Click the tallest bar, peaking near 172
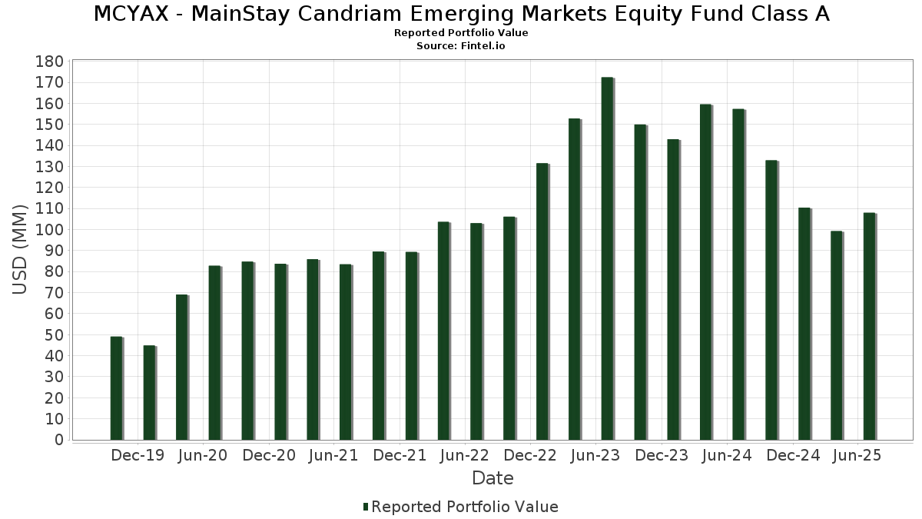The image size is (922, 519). click(607, 258)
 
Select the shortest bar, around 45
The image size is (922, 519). click(149, 393)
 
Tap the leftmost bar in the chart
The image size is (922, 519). click(116, 388)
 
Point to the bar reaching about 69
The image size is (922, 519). click(181, 368)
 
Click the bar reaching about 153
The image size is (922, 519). click(575, 279)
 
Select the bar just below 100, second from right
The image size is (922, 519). click(836, 335)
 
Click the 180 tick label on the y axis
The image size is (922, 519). click(49, 62)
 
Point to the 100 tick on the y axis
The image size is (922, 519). click(49, 230)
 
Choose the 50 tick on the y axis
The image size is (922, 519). click(53, 335)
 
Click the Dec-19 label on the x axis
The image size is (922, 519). click(138, 456)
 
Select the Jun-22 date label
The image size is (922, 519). click(464, 456)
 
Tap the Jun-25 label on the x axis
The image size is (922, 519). click(857, 456)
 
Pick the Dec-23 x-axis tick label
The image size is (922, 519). click(662, 456)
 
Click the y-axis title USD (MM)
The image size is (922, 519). click(20, 249)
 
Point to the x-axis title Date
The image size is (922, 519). click(493, 478)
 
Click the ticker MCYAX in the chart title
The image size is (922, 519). click(133, 14)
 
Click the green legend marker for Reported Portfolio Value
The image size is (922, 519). click(366, 507)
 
